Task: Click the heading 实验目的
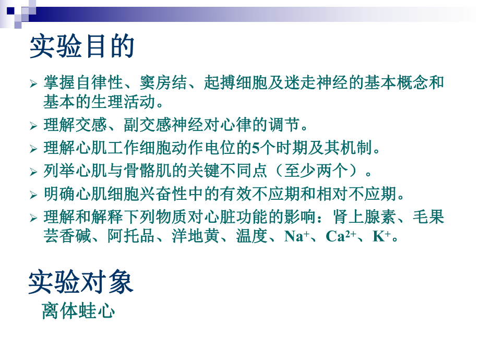click(x=82, y=47)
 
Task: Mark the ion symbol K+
click(x=381, y=236)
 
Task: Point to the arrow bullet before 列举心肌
click(x=33, y=172)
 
